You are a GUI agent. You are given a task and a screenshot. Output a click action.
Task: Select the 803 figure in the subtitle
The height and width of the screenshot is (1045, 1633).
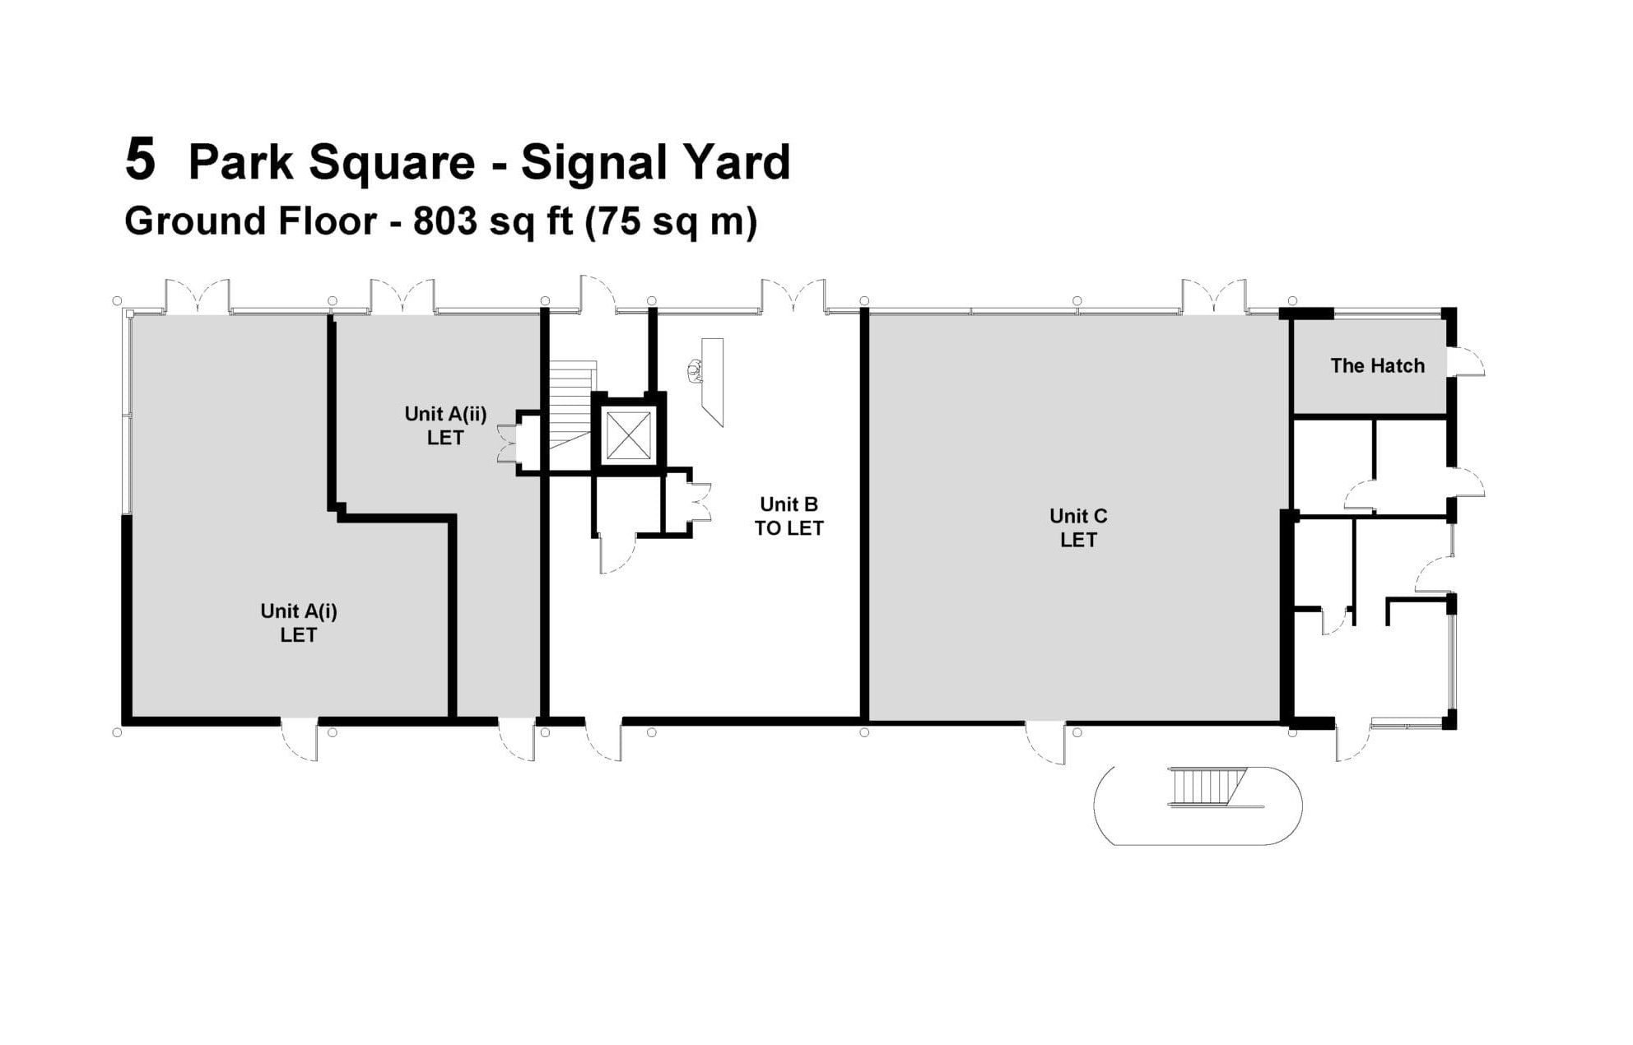pos(444,221)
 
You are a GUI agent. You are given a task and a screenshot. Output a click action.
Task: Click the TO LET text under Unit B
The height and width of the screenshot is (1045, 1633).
pos(789,528)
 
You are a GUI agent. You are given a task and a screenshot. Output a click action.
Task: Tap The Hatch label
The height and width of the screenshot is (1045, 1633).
pos(1377,365)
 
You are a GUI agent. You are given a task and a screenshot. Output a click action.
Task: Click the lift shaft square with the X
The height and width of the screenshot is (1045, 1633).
pos(628,435)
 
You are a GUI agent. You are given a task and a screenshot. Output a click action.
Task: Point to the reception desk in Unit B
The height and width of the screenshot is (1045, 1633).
pos(712,381)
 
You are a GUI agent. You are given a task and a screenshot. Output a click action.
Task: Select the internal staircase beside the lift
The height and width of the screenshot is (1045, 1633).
pos(571,404)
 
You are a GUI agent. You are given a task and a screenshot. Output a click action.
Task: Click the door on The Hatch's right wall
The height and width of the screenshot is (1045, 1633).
pos(1466,362)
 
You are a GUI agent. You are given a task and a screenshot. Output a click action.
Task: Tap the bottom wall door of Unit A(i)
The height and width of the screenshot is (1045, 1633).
pos(299,738)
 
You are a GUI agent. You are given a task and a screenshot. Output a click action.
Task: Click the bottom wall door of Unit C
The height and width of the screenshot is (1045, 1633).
pos(1045,741)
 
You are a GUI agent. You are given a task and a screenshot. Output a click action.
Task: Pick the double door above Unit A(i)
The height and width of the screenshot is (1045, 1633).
pos(198,296)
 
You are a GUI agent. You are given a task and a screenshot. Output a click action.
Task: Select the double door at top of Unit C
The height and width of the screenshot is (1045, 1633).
pos(1214,296)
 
